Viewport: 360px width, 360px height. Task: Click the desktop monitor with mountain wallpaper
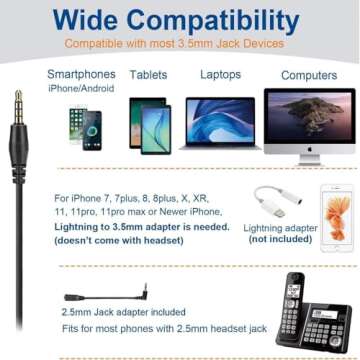tap(309, 119)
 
